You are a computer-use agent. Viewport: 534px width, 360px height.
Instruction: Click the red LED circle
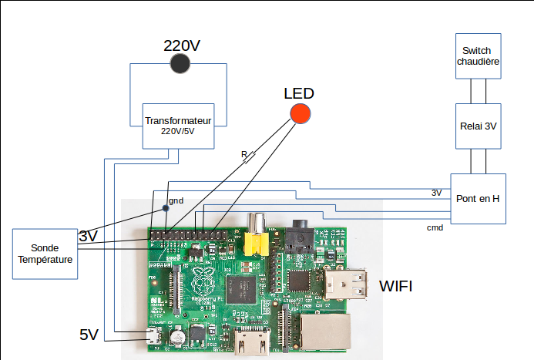pos(300,114)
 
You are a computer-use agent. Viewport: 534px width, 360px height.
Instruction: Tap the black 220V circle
pos(180,64)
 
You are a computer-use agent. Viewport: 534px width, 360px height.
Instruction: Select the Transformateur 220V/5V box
pos(178,126)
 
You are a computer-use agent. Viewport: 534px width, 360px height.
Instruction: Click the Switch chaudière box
pos(478,56)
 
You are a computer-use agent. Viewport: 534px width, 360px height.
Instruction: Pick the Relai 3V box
pos(478,126)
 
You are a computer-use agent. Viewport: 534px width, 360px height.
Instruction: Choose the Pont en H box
pos(478,198)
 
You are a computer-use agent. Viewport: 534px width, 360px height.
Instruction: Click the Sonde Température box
pos(45,254)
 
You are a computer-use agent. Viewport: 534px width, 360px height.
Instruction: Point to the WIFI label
pos(395,287)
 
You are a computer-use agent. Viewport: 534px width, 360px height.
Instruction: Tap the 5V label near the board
pos(89,335)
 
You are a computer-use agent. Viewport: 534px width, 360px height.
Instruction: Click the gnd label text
pos(176,200)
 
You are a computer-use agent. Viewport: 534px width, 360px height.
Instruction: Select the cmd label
pos(435,228)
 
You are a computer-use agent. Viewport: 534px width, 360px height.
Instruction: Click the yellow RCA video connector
pos(256,242)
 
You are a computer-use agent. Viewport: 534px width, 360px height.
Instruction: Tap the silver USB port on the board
pos(345,284)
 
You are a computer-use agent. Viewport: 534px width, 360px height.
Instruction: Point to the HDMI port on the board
pos(250,341)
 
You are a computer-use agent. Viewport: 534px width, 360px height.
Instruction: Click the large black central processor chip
pos(249,288)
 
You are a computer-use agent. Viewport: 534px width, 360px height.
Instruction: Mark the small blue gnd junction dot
pos(164,207)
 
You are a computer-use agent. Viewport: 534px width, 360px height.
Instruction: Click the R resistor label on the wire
pos(244,155)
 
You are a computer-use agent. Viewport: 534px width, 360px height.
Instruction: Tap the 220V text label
pos(182,45)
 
